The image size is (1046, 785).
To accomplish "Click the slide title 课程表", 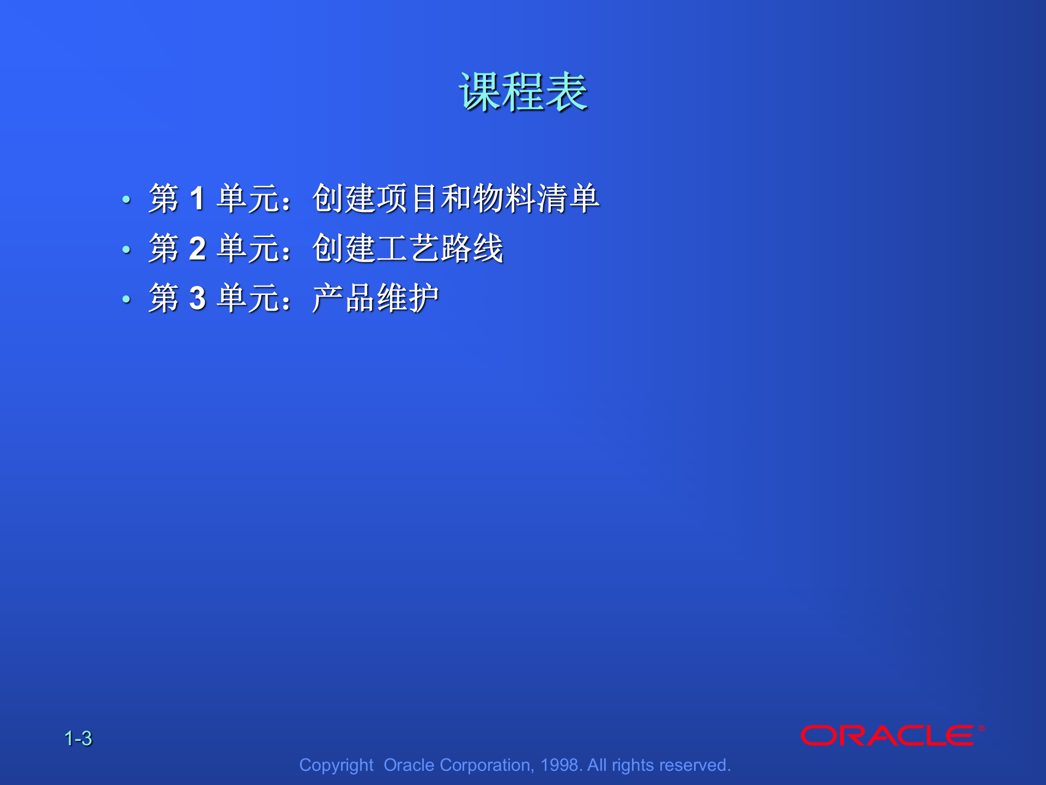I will coord(523,92).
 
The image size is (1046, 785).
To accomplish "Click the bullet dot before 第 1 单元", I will coord(126,200).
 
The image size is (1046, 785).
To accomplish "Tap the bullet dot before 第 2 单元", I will coord(126,250).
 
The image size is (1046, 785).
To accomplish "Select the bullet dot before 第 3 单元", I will coord(126,299).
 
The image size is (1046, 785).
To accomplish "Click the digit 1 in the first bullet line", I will coord(197,198).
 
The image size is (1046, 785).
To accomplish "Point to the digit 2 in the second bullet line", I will coord(197,249).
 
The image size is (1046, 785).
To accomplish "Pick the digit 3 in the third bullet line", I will coord(197,299).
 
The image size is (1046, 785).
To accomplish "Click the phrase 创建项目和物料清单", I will coord(455,198).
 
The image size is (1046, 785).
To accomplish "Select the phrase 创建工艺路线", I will coord(408,249).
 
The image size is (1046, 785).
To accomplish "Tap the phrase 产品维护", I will coord(375,299).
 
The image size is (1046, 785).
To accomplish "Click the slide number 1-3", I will coord(78,739).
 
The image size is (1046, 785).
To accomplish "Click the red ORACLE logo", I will coord(887,735).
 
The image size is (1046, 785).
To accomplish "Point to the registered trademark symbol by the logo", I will coord(981,728).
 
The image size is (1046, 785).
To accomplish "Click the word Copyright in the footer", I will coord(336,765).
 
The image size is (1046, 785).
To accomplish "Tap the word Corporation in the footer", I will coord(486,765).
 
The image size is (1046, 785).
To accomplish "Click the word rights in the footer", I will coord(633,765).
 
